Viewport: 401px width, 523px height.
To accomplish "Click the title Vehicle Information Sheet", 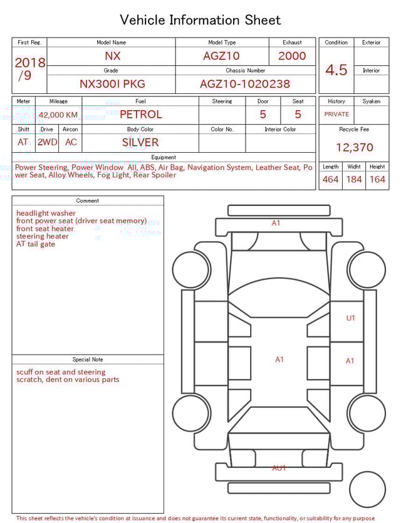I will (x=200, y=20).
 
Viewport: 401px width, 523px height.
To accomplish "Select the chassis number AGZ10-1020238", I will (x=245, y=84).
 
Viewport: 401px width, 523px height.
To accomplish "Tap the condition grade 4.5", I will (x=336, y=70).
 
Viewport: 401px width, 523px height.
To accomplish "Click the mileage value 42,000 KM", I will (x=58, y=115).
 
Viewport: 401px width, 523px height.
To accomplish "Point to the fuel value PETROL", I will (x=140, y=115).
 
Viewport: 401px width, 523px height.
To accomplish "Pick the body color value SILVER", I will (x=140, y=142).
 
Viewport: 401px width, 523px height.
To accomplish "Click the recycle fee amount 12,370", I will (x=354, y=148).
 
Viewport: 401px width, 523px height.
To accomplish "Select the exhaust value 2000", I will (x=292, y=56).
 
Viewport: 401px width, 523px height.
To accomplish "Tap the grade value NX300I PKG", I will (x=111, y=84).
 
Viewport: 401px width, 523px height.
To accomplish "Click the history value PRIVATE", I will (x=336, y=115).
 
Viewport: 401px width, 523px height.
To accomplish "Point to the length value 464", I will (x=330, y=180).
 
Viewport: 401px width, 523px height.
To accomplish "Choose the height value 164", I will (x=377, y=180).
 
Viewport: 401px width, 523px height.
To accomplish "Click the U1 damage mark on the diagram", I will (x=350, y=318).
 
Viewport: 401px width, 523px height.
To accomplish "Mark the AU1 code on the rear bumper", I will (x=279, y=468).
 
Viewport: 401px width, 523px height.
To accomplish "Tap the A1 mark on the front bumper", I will (x=276, y=223).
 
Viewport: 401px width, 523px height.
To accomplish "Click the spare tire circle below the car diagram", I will (x=367, y=490).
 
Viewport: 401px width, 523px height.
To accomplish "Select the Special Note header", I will (x=88, y=360).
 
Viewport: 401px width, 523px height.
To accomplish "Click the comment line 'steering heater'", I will (x=43, y=237).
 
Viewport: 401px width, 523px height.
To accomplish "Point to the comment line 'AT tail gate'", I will (x=36, y=244).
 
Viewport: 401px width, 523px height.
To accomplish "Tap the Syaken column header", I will (x=371, y=101).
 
